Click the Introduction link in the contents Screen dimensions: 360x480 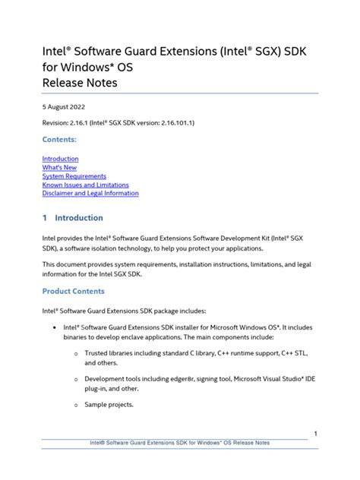(61, 159)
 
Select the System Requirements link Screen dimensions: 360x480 (74, 176)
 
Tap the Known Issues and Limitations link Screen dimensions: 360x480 (86, 185)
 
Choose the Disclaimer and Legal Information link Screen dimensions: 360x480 (90, 193)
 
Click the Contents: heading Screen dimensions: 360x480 (60, 140)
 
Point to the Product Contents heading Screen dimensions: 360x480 (74, 291)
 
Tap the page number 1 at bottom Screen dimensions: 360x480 (314, 433)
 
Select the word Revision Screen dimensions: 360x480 (58, 123)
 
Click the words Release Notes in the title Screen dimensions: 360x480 (80, 82)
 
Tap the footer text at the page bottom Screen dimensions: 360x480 (179, 443)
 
